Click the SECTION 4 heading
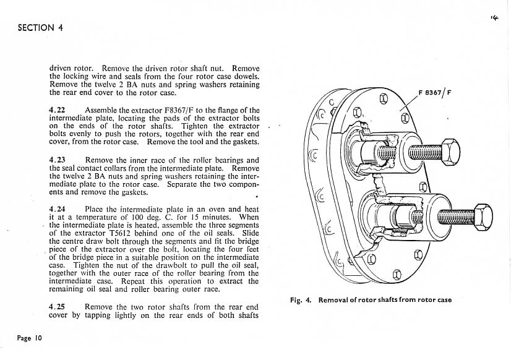coord(40,27)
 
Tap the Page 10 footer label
coord(30,338)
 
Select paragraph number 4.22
coord(58,110)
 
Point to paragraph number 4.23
coord(58,160)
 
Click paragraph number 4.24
coord(58,209)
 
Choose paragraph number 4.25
coord(58,306)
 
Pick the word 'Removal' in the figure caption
coord(336,300)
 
